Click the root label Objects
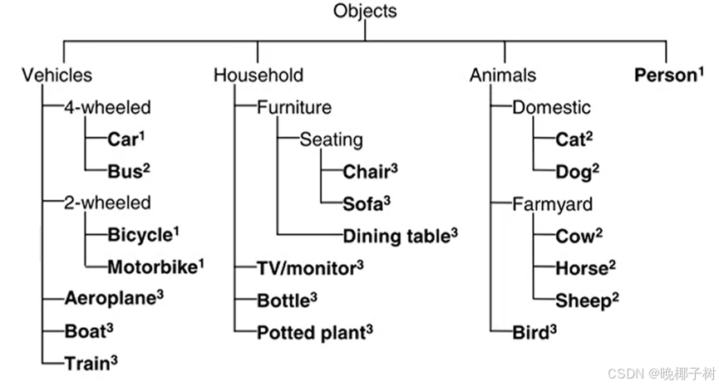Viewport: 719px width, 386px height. pyautogui.click(x=365, y=12)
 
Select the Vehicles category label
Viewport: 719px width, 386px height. pyautogui.click(x=57, y=76)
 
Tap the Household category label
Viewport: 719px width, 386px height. pyautogui.click(x=259, y=76)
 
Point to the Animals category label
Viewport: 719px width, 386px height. pyautogui.click(x=503, y=76)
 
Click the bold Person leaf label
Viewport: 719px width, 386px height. pyautogui.click(x=662, y=76)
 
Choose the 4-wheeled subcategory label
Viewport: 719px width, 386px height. pyautogui.click(x=108, y=107)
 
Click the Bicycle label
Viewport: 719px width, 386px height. pyautogui.click(x=139, y=235)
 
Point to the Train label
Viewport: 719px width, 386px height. pyautogui.click(x=86, y=362)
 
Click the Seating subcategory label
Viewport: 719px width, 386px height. pyautogui.click(x=331, y=139)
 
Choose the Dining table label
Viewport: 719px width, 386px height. pyautogui.click(x=396, y=235)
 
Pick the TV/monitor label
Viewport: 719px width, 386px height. pyautogui.click(x=305, y=267)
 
